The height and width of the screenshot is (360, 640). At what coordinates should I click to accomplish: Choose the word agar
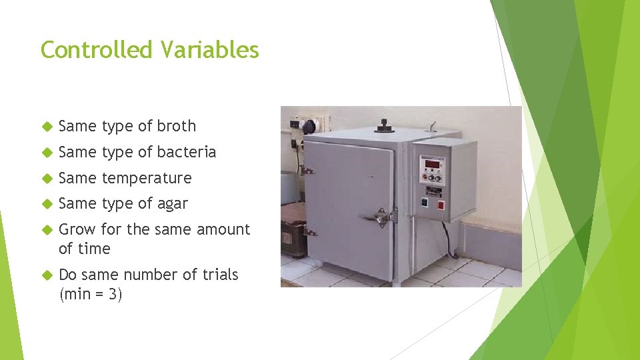(172, 204)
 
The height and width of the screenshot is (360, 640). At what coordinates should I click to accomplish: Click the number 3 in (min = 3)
(113, 294)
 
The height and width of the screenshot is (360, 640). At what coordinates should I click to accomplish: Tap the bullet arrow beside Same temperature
(47, 178)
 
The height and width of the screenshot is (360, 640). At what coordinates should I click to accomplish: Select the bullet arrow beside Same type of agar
(47, 204)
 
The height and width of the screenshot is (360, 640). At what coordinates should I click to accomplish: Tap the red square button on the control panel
(441, 205)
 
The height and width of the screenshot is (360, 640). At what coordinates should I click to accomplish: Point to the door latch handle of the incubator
(381, 217)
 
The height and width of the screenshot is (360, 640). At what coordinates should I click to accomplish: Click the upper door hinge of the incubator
(307, 171)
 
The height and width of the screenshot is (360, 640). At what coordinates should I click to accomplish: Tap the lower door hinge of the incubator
(309, 232)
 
